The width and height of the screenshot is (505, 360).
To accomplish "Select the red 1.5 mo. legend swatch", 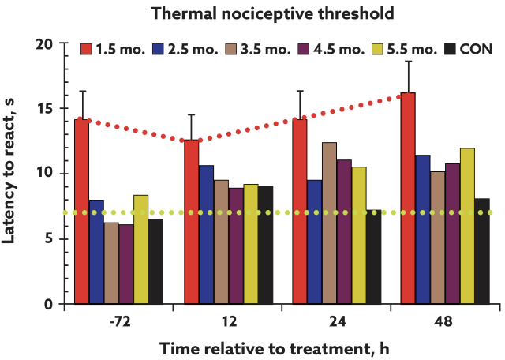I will pyautogui.click(x=88, y=49).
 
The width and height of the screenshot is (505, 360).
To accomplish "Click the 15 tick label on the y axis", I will pyautogui.click(x=53, y=109).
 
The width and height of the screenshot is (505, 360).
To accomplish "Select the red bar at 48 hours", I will pyautogui.click(x=409, y=198).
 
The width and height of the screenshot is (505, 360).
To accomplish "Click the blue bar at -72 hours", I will pyautogui.click(x=96, y=252).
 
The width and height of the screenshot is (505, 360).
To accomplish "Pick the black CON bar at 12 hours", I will pyautogui.click(x=266, y=245).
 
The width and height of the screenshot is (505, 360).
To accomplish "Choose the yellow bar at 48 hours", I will pyautogui.click(x=467, y=226).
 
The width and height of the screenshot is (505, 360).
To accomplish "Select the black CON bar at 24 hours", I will pyautogui.click(x=374, y=257).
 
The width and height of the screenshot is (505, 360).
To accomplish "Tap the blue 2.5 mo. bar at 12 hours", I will pyautogui.click(x=206, y=234).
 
